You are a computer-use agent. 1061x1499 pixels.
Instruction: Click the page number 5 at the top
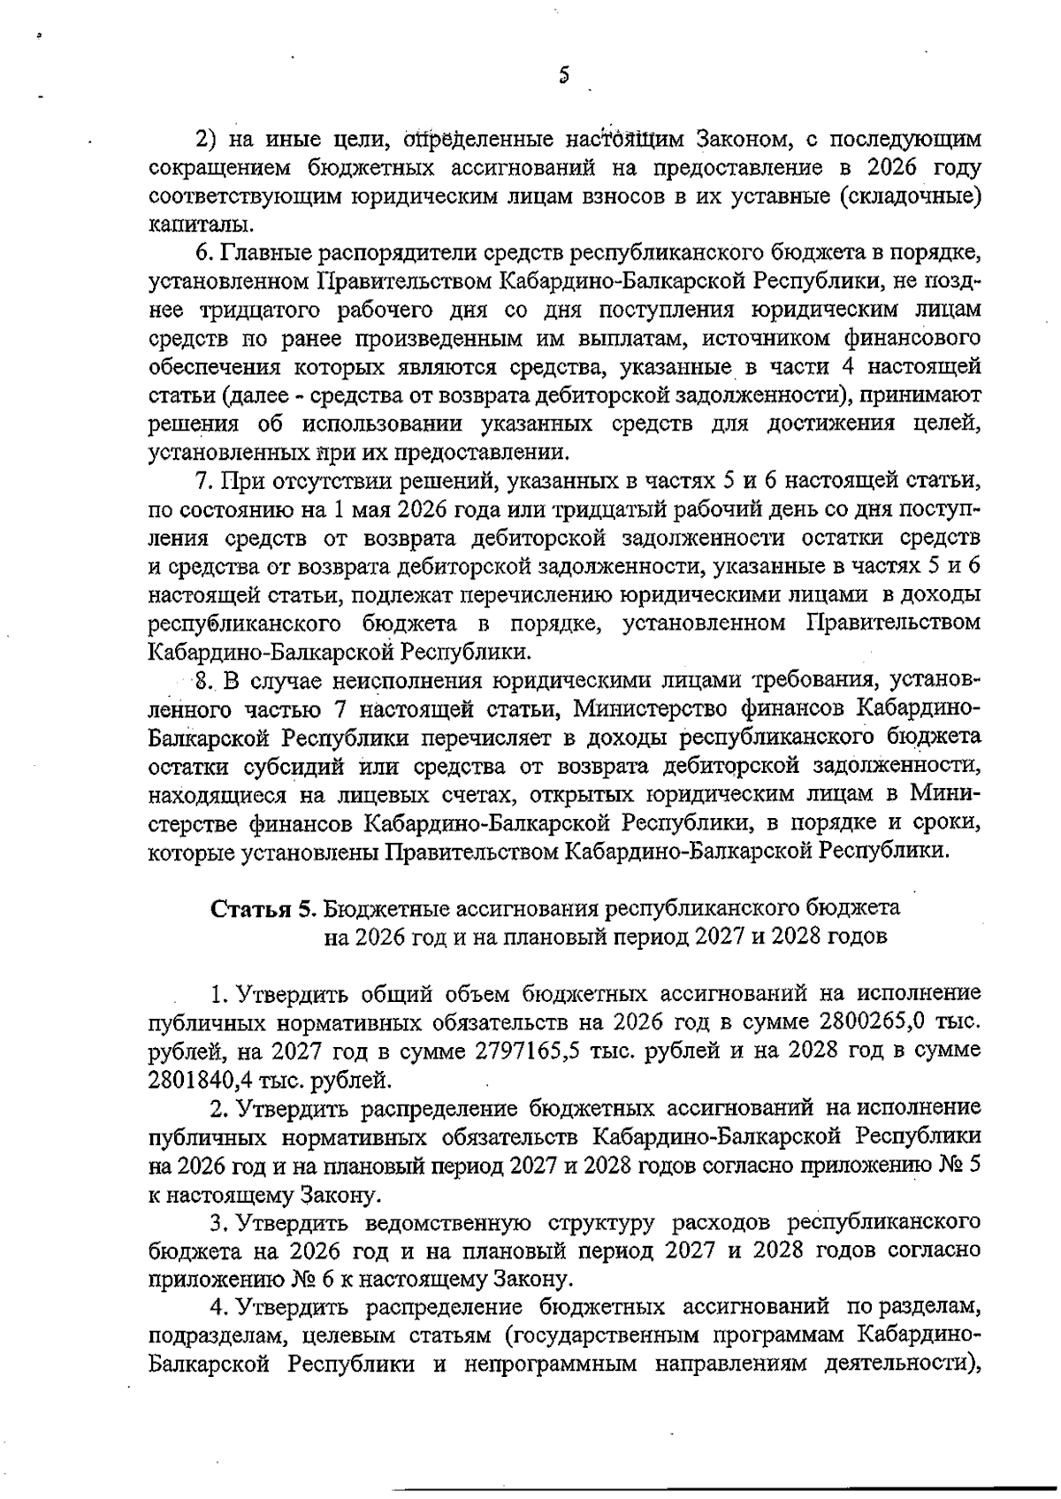[563, 77]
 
